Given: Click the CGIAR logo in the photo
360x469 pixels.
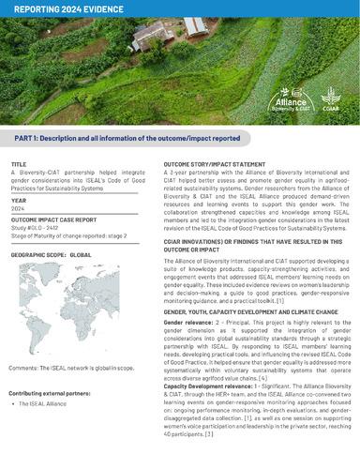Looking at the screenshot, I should (x=330, y=97).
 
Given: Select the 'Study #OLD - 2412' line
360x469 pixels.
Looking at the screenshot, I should (x=39, y=223).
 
